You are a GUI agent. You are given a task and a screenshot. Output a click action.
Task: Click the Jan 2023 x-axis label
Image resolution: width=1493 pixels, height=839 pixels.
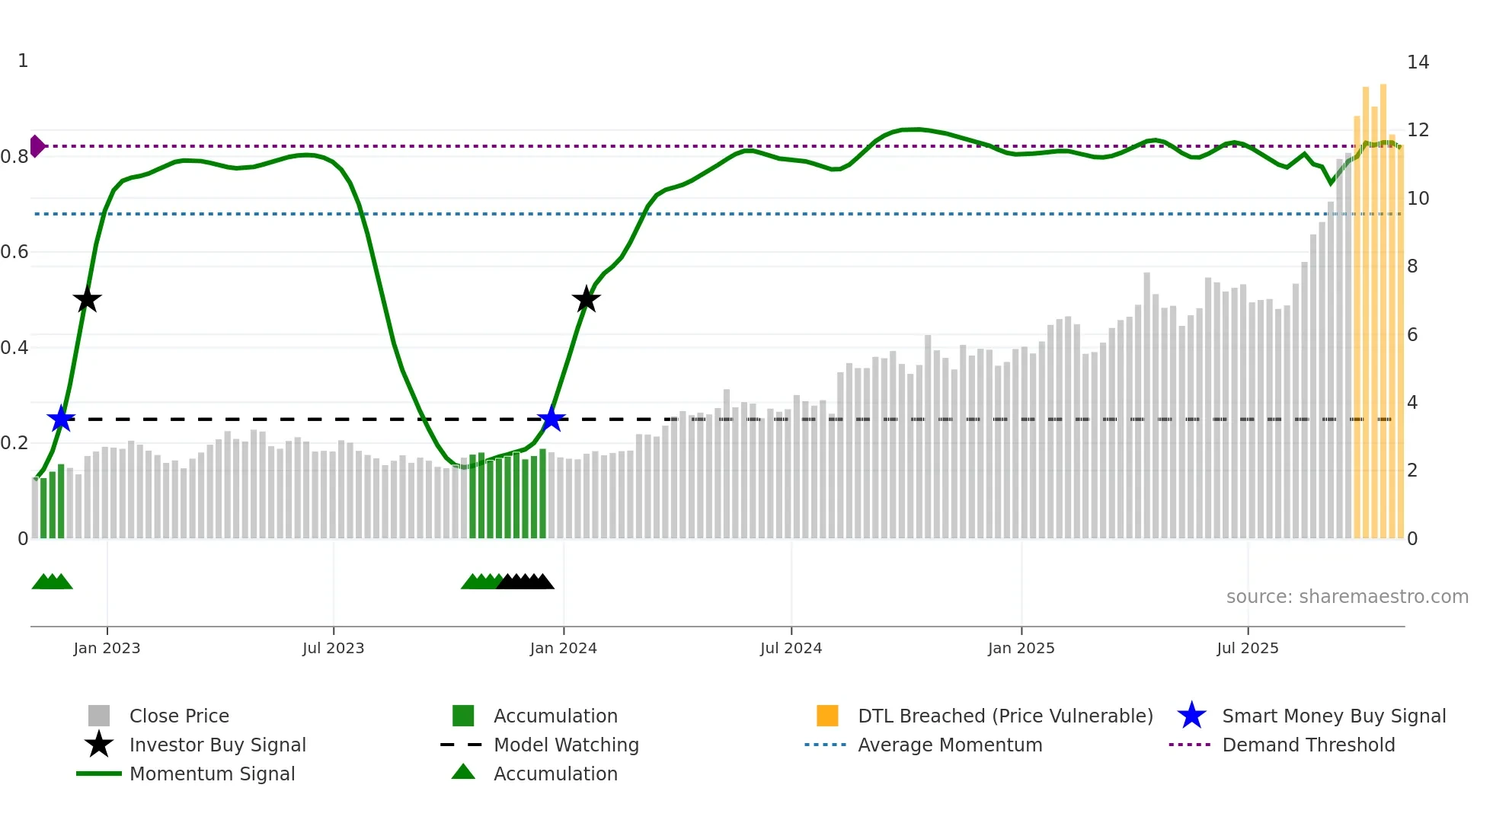[x=107, y=648]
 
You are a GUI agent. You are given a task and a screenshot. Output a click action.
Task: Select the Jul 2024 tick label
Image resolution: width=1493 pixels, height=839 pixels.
[x=791, y=648]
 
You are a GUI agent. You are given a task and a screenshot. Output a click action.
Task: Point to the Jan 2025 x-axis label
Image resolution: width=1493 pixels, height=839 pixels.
[x=1021, y=648]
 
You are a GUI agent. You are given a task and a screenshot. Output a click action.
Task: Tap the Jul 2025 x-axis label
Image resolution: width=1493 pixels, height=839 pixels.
[x=1247, y=648]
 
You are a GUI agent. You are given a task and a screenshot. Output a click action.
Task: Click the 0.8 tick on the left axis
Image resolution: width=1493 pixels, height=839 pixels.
[x=14, y=157]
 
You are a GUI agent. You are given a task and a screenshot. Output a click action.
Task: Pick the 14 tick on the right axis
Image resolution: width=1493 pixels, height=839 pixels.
[x=1418, y=62]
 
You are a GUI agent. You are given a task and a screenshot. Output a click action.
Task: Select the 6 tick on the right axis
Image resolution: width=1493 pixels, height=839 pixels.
[x=1412, y=335]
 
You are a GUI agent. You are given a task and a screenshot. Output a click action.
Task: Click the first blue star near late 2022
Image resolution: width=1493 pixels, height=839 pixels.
[x=61, y=419]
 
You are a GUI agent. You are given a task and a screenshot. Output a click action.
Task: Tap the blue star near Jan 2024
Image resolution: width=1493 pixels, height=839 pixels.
[x=551, y=419]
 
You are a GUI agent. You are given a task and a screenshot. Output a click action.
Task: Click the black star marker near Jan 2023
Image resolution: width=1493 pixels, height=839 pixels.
[x=88, y=299]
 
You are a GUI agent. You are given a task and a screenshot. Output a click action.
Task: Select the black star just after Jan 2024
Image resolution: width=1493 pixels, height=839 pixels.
[x=586, y=299]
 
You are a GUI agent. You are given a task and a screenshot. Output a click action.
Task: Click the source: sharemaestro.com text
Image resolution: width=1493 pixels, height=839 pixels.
[x=1347, y=597]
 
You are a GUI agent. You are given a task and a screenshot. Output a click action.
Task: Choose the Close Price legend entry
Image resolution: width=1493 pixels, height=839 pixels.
[x=179, y=716]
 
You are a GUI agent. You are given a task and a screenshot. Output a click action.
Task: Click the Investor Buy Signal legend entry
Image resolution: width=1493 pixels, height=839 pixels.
[x=217, y=745]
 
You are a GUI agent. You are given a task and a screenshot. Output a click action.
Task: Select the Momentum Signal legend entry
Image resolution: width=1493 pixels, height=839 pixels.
[x=212, y=774]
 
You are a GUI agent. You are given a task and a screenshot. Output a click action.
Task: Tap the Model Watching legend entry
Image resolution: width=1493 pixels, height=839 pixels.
[x=566, y=745]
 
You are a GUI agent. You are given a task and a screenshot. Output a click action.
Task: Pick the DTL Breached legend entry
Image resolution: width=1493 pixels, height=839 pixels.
[x=1005, y=716]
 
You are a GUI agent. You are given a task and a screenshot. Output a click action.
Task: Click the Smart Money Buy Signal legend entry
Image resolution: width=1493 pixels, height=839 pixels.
[x=1333, y=716]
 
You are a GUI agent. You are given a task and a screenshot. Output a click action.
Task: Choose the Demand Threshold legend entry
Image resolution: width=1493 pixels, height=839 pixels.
[x=1308, y=745]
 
